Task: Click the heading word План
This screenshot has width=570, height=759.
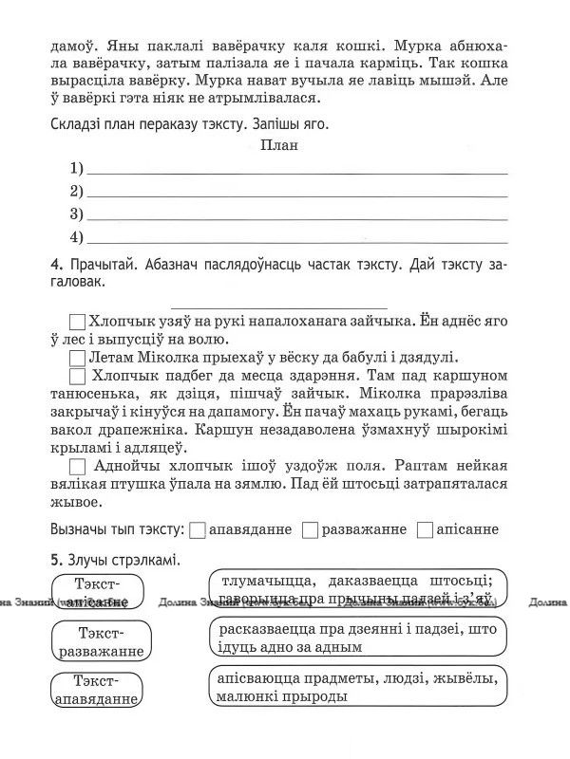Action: click(x=278, y=145)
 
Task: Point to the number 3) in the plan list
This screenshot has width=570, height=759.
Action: click(x=76, y=213)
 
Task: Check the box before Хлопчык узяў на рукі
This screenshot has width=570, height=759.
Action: click(x=78, y=322)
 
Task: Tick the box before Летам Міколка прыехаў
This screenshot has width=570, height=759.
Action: click(x=78, y=359)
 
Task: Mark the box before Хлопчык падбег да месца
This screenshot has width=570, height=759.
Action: click(x=78, y=377)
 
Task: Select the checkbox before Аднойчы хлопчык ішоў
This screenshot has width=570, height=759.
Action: click(x=78, y=467)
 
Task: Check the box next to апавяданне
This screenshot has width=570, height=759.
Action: click(x=198, y=529)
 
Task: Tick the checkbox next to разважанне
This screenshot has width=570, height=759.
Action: click(x=309, y=529)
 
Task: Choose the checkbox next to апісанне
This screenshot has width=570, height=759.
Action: click(x=425, y=529)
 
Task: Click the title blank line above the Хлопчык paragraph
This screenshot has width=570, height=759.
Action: click(x=277, y=305)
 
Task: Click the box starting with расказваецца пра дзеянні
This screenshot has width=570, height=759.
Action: click(x=356, y=638)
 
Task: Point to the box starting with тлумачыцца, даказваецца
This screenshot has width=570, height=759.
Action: click(x=356, y=589)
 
